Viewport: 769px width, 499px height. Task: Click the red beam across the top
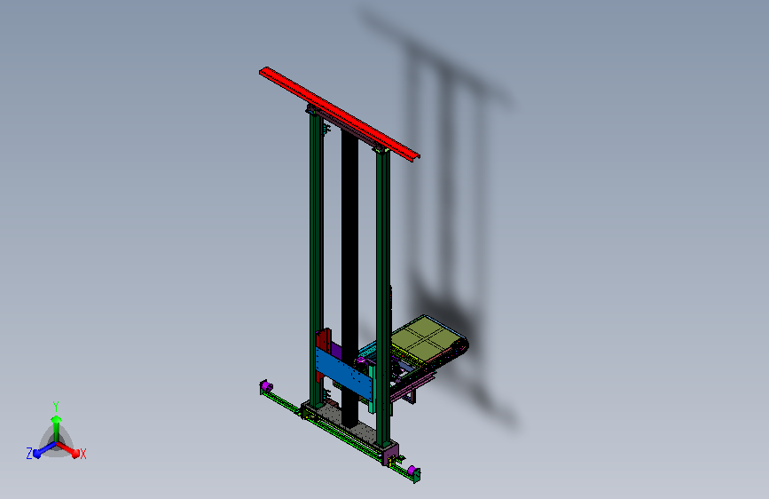[x=340, y=113]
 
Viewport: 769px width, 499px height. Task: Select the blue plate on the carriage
[x=345, y=372]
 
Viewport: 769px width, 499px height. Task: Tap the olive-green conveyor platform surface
[x=424, y=339]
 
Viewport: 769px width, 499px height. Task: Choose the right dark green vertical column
[x=383, y=297]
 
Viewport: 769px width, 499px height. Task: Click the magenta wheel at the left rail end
[x=267, y=386]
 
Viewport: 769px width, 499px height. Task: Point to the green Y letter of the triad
[x=56, y=406]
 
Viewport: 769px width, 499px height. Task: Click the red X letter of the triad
[x=83, y=454]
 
